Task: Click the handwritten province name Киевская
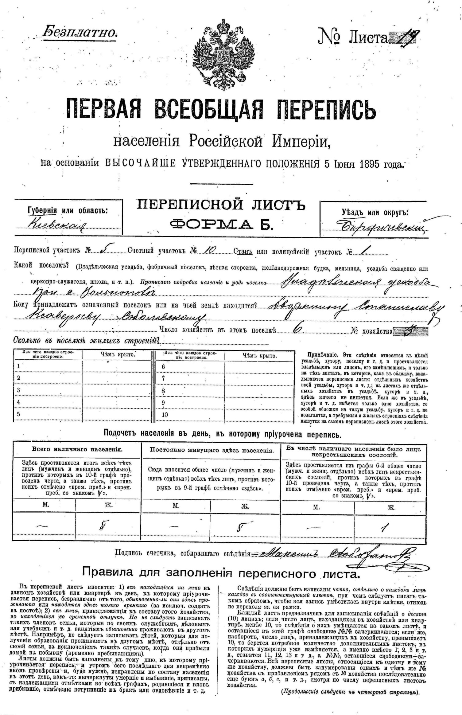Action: (57, 225)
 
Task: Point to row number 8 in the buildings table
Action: (163, 391)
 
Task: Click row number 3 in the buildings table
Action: (18, 390)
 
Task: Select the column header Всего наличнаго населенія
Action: (77, 449)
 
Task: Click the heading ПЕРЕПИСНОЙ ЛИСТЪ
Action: (221, 205)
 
